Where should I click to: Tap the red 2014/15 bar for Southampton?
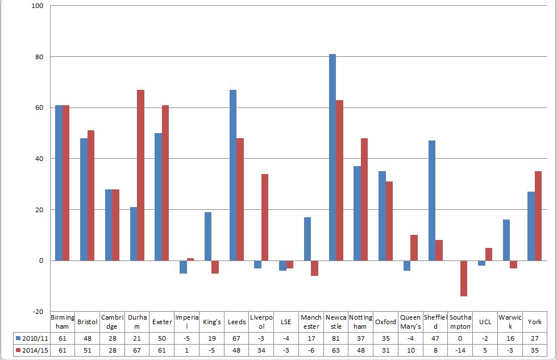tap(464, 278)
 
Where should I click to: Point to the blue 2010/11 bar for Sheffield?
tap(432, 200)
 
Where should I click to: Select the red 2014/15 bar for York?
tap(538, 216)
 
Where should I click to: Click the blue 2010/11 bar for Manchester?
tap(307, 239)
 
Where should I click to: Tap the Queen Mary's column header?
tap(410, 322)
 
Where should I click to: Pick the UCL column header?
tap(485, 322)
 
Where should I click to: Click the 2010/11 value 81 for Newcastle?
tap(335, 337)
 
